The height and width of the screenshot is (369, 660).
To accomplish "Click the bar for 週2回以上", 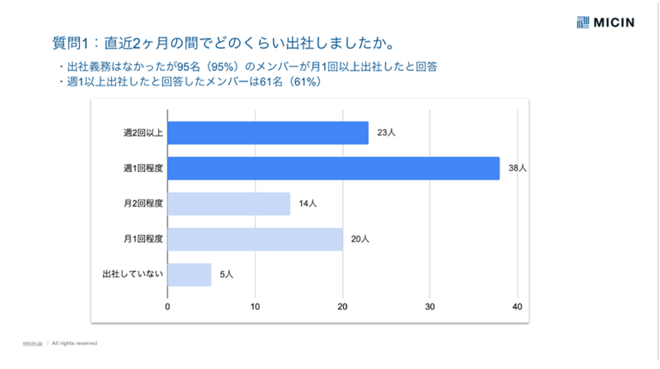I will (x=268, y=133).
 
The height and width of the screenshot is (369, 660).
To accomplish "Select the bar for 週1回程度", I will (x=333, y=168).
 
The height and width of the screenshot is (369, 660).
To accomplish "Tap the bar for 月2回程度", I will (x=229, y=204).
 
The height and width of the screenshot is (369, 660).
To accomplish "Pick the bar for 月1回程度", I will (x=255, y=239).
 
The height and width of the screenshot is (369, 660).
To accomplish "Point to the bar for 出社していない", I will (x=189, y=275).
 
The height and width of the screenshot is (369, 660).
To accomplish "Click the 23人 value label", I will (x=386, y=133).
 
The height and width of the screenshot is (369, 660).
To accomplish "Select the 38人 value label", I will (x=517, y=168).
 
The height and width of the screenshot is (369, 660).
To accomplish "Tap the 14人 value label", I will (x=308, y=204).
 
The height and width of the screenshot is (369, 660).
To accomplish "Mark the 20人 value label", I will (x=360, y=239).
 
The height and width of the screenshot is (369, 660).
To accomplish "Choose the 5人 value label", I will (x=226, y=275).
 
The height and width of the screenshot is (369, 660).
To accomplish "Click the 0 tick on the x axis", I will (x=168, y=306).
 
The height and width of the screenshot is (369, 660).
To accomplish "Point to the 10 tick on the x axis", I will (x=255, y=306).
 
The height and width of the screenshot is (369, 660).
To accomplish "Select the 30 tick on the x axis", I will (x=430, y=306).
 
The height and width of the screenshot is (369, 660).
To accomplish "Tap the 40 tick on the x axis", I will (x=517, y=306).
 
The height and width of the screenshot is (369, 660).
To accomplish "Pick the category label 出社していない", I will (x=133, y=275).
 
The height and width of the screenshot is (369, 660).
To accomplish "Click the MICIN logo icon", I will (x=583, y=22).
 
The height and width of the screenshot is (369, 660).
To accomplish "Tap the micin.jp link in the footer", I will (x=33, y=343).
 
